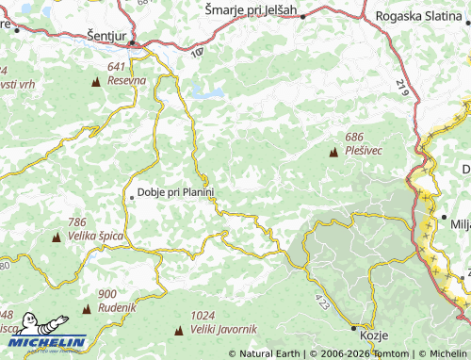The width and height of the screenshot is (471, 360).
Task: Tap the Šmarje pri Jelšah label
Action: (x=251, y=10)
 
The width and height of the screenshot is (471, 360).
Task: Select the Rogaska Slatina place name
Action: (x=421, y=16)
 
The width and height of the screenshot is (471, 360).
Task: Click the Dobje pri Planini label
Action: (x=176, y=192)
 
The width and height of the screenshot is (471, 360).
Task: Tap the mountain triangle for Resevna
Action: (x=95, y=82)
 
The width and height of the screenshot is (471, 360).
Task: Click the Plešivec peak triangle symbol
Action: (x=333, y=151)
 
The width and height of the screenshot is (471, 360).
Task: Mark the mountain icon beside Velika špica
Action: (x=56, y=236)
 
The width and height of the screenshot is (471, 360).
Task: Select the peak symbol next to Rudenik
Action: (x=87, y=308)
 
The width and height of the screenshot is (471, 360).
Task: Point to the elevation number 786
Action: (x=77, y=222)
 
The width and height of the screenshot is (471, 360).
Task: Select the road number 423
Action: (x=324, y=302)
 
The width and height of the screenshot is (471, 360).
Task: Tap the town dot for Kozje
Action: (x=355, y=328)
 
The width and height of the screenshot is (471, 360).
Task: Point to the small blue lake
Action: (x=208, y=93)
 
